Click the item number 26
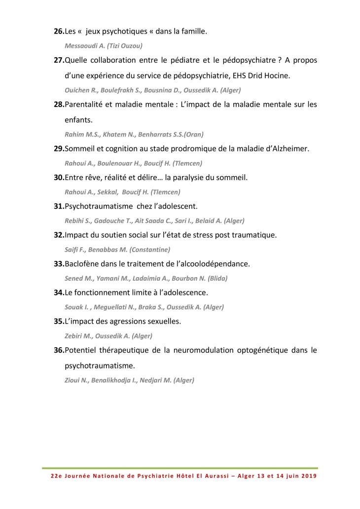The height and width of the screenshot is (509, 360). (x=59, y=32)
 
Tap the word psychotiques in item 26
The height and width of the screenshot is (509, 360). (x=122, y=32)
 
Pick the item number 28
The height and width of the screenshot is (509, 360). (x=59, y=105)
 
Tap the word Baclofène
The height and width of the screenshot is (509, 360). (x=83, y=264)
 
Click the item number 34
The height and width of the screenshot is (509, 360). (x=59, y=292)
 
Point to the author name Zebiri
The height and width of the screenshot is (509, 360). (x=75, y=336)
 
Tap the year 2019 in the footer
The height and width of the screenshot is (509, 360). (x=306, y=476)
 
